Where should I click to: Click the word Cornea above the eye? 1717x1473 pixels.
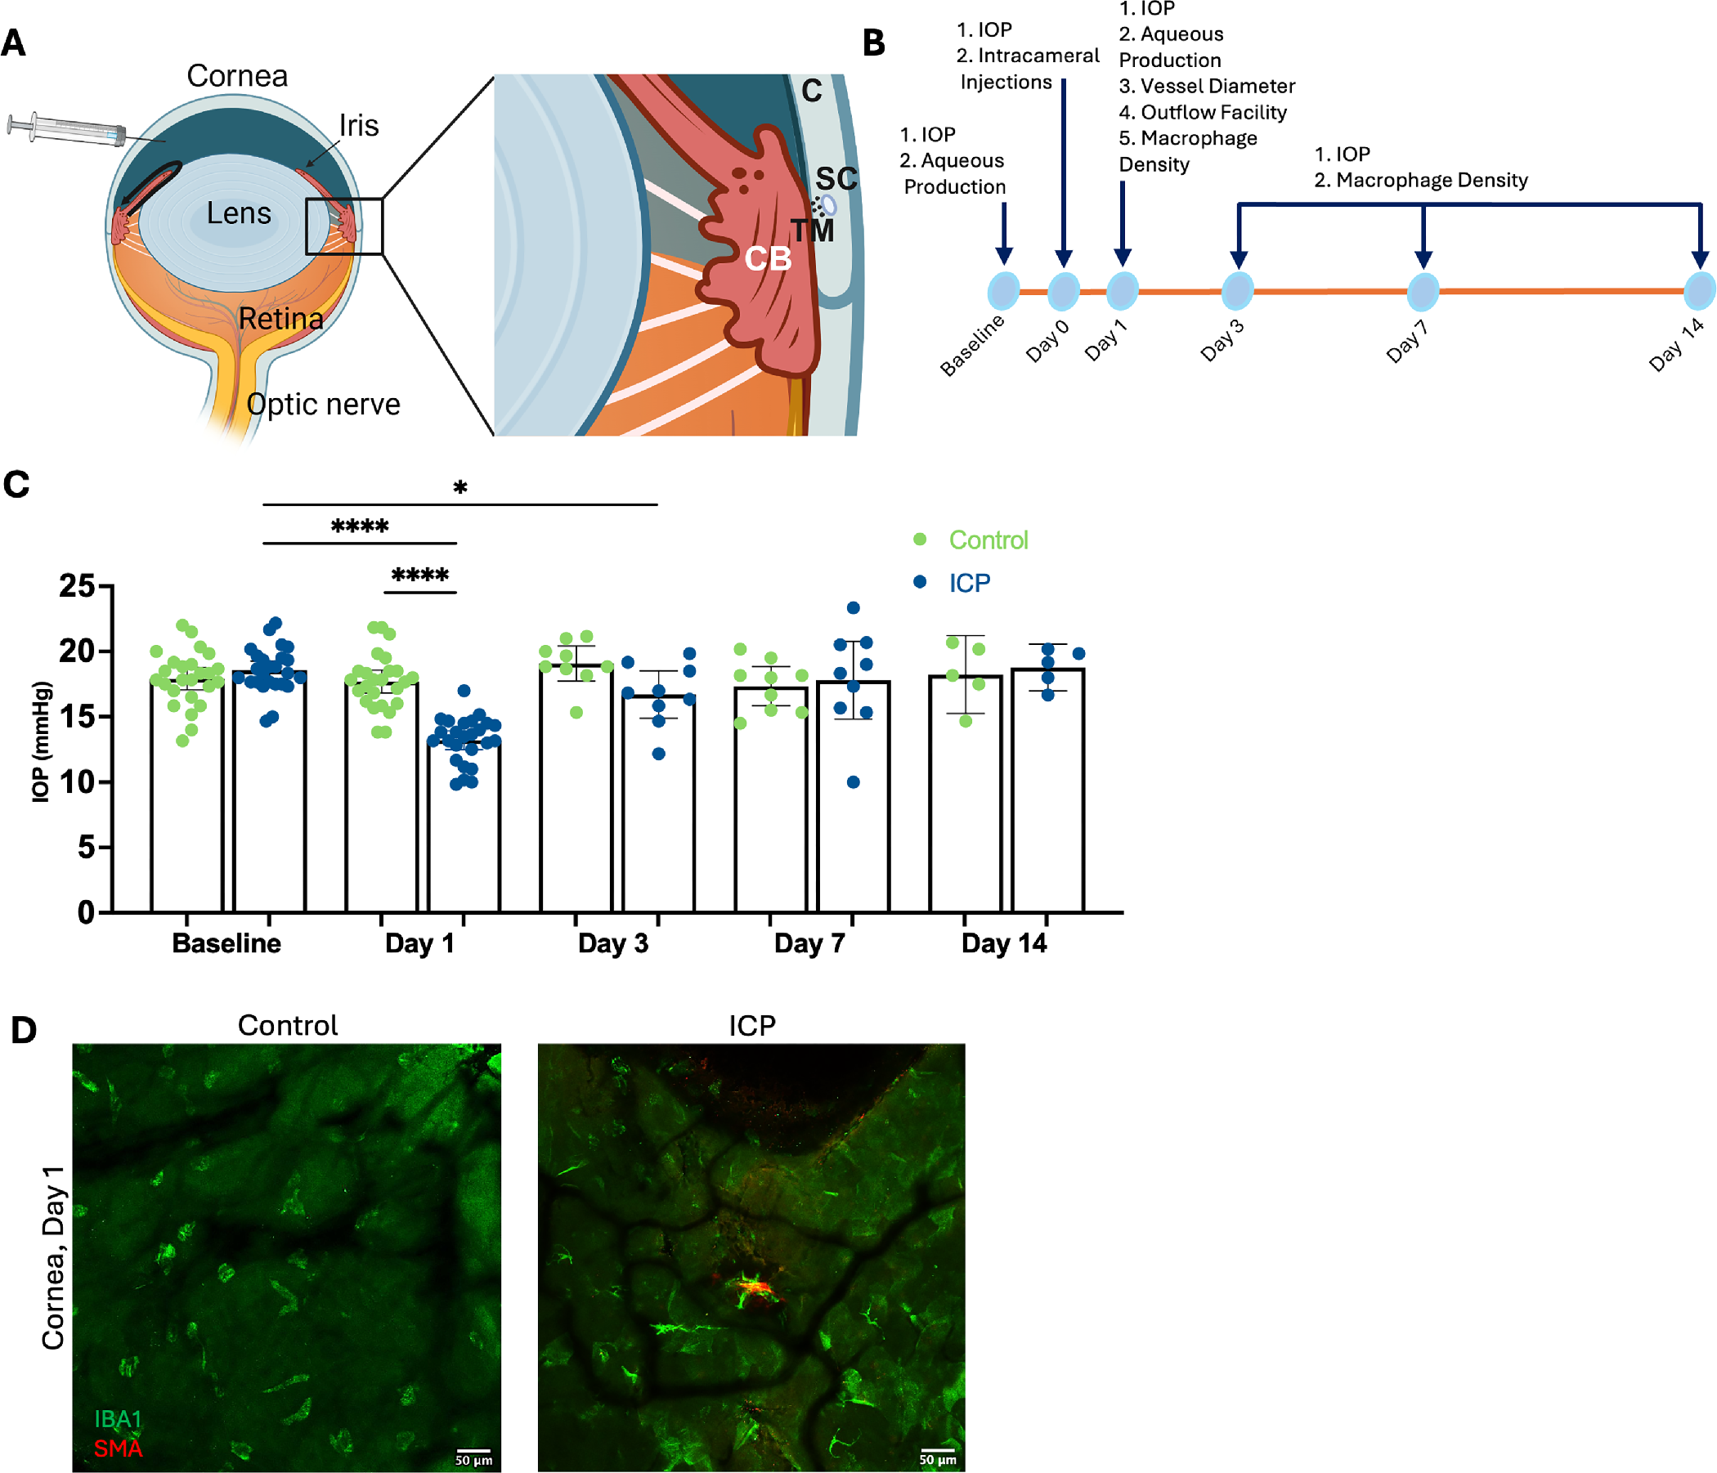(237, 76)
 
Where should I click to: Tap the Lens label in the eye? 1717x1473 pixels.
(239, 213)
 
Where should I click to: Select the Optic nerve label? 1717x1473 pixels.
(323, 405)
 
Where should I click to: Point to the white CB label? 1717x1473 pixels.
(768, 259)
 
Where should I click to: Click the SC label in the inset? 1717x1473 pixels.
(836, 179)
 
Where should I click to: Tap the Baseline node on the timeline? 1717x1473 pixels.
(1003, 291)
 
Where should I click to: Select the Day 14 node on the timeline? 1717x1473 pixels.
(1701, 291)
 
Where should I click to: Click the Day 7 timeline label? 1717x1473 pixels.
(1407, 342)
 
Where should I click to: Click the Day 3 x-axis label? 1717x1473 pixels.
(613, 943)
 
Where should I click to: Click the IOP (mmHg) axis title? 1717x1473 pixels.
(41, 741)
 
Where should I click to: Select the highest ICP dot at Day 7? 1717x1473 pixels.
(854, 608)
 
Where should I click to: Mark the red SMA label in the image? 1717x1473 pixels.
(118, 1449)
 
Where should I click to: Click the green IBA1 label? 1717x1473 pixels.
(118, 1420)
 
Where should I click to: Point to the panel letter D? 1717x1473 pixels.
(23, 1031)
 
